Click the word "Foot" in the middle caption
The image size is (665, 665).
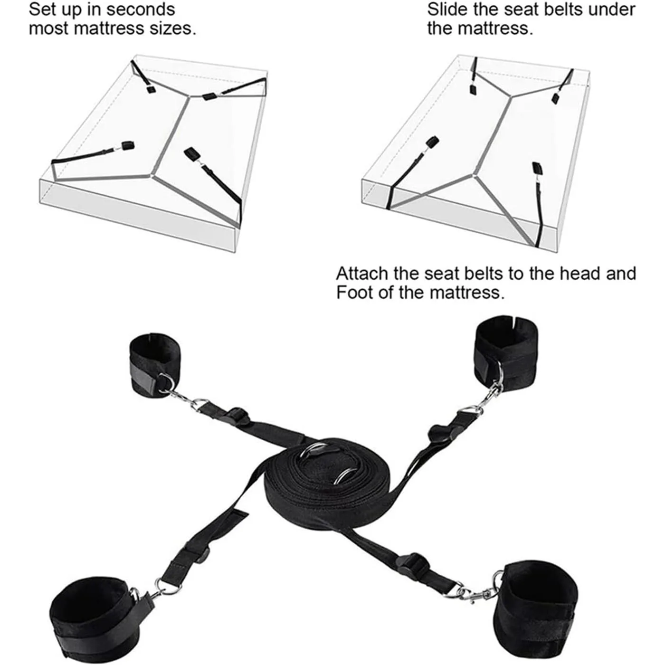pyautogui.click(x=354, y=293)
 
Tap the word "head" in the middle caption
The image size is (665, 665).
pyautogui.click(x=579, y=274)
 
